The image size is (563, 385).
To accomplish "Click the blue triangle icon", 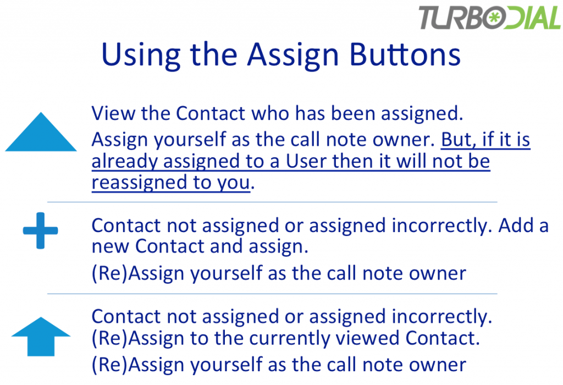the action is [41, 132].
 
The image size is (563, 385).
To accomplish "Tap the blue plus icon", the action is [40, 230].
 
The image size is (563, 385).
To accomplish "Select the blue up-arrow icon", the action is [41, 337].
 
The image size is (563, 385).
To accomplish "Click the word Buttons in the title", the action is [405, 54].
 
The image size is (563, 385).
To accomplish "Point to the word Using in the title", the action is [141, 56].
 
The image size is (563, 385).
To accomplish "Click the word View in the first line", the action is [113, 113].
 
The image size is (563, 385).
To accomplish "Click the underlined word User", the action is [306, 161].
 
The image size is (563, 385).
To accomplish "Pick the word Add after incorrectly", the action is [514, 226].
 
